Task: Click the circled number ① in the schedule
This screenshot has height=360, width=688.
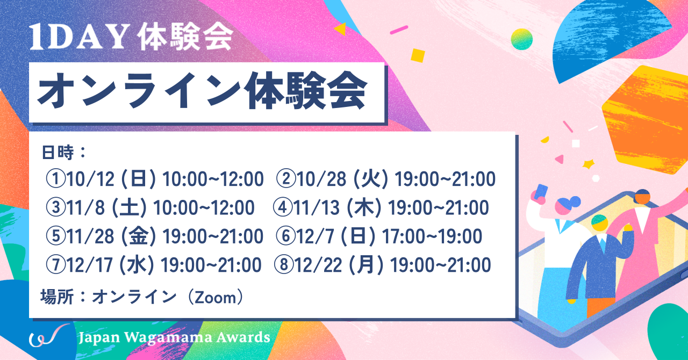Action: (x=55, y=179)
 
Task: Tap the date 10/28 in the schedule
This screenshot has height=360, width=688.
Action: (x=321, y=179)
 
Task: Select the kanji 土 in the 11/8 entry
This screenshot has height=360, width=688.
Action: (x=129, y=208)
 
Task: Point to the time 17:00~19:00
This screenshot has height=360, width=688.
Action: (x=432, y=236)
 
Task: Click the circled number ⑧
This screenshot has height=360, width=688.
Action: (x=283, y=265)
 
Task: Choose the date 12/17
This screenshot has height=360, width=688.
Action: (x=89, y=265)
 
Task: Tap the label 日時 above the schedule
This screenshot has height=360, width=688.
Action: (x=58, y=153)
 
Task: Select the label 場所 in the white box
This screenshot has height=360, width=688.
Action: (x=57, y=297)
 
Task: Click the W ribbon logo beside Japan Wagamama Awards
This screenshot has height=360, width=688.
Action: (x=49, y=336)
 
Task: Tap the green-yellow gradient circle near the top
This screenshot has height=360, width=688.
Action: (x=521, y=39)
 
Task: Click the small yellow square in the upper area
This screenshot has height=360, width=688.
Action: (x=418, y=55)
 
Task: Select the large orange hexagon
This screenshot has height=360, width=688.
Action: (x=645, y=120)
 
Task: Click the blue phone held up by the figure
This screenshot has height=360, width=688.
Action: (x=541, y=192)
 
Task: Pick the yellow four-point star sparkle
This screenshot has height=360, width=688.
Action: (x=589, y=164)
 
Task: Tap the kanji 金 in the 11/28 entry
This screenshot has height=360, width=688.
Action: (x=139, y=236)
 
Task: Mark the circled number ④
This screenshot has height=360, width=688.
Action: (x=282, y=208)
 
